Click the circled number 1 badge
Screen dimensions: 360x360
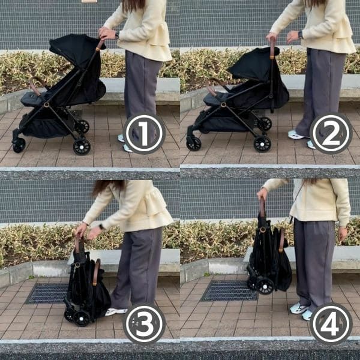[144, 133]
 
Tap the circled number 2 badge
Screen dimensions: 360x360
[331, 133]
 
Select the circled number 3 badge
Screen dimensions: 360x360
[144, 323]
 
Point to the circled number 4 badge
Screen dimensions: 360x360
[331, 323]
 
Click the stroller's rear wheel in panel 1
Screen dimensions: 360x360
[82, 146]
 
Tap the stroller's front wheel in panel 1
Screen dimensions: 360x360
[19, 145]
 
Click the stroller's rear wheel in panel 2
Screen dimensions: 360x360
[262, 144]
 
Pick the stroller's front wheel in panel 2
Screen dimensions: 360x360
[194, 144]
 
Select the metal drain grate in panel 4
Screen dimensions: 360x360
[229, 290]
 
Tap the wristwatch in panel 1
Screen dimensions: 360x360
[117, 35]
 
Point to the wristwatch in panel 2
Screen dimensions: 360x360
[301, 35]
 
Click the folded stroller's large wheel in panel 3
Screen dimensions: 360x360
[82, 319]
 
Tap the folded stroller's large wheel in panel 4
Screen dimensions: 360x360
[265, 286]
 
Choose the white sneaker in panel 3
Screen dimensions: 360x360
[116, 311]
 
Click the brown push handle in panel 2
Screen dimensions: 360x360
[272, 48]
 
